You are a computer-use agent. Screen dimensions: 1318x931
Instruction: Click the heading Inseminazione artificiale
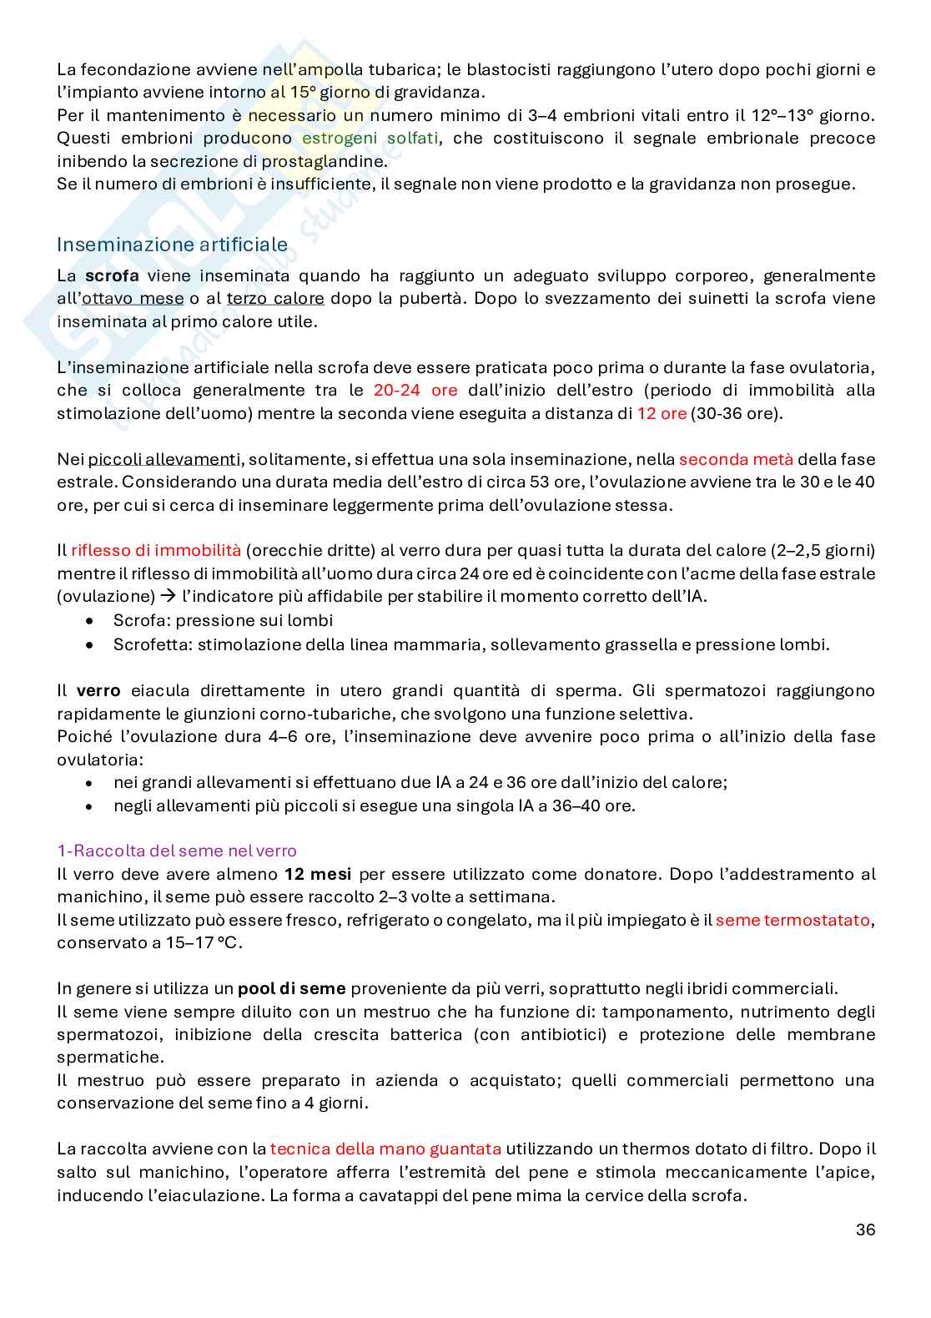click(x=172, y=245)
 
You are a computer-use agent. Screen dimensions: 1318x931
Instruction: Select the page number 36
click(x=865, y=1230)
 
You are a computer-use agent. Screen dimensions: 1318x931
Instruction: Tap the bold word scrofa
click(x=112, y=275)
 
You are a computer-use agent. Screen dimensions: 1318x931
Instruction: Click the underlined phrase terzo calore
click(x=275, y=298)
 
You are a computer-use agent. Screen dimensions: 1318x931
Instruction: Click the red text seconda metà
click(x=736, y=459)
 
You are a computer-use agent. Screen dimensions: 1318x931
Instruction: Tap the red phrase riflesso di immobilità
click(x=156, y=550)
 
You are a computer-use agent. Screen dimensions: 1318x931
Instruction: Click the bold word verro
click(x=98, y=690)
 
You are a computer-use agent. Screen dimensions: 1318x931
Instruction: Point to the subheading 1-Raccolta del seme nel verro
click(x=177, y=851)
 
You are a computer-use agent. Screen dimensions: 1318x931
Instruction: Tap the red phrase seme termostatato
click(x=793, y=920)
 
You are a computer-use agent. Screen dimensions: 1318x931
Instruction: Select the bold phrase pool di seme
click(x=291, y=988)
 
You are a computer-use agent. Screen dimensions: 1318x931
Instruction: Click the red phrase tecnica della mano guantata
click(x=385, y=1149)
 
